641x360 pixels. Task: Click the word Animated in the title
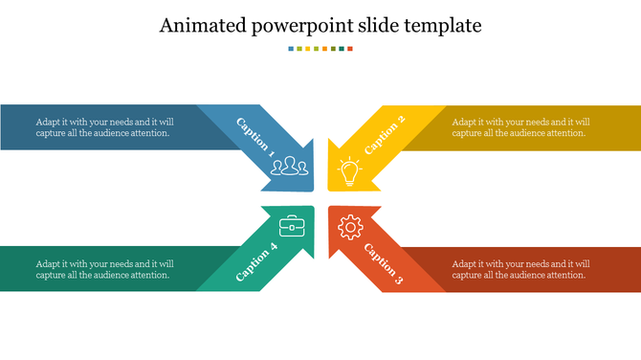pos(201,25)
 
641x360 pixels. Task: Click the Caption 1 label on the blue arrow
pos(254,138)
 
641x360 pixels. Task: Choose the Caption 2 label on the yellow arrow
pos(386,134)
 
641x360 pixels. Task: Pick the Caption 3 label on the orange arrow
pos(385,263)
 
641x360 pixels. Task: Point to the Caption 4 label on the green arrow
pos(256,261)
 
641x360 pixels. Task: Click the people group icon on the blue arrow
pos(290,169)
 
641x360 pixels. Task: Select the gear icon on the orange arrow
pos(351,227)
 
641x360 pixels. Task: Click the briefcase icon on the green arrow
pos(292,227)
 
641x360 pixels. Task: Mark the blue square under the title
pos(291,48)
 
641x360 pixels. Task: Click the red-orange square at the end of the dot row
pos(350,48)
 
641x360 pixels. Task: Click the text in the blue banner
pos(104,127)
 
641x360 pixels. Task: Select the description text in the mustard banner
pos(520,127)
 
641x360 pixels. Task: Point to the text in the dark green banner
pos(104,269)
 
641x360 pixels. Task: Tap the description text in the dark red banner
pos(520,269)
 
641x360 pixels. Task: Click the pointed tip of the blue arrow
pos(312,189)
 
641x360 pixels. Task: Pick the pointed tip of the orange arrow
pos(330,208)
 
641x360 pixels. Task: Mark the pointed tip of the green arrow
pos(312,208)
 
